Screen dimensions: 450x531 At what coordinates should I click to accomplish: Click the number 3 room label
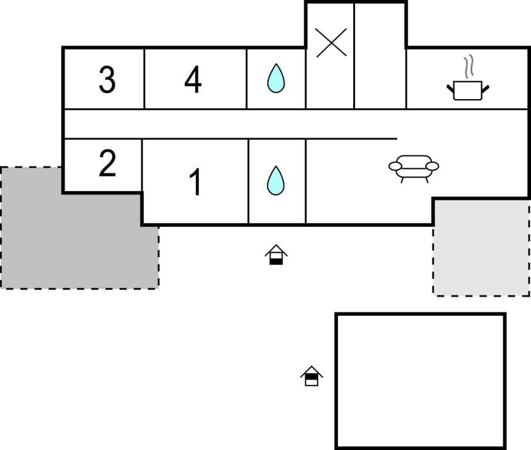coord(107,80)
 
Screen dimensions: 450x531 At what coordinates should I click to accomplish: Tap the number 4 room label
coord(193,80)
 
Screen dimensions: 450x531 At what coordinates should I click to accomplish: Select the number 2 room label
coord(107,165)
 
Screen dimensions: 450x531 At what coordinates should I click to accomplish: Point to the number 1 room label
coord(195,183)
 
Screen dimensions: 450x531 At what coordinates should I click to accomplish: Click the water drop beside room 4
coord(276,78)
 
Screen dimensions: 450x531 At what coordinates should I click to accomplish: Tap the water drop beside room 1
coord(276,180)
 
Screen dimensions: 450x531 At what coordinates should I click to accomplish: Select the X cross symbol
coord(331,42)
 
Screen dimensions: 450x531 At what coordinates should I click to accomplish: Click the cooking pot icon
coord(468,90)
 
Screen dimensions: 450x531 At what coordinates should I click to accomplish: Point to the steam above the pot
coord(468,66)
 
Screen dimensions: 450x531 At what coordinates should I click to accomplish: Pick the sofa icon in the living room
coord(414,167)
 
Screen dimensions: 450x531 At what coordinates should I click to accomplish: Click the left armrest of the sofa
coord(395,166)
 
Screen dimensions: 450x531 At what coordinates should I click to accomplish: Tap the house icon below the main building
coord(276,255)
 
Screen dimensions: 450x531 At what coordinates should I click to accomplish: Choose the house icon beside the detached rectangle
coord(312,376)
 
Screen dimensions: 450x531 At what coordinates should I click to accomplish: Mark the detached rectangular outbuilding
coord(420,381)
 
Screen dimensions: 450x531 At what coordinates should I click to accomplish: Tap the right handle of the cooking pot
coord(485,88)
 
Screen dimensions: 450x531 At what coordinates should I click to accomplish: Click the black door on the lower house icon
coord(312,382)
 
